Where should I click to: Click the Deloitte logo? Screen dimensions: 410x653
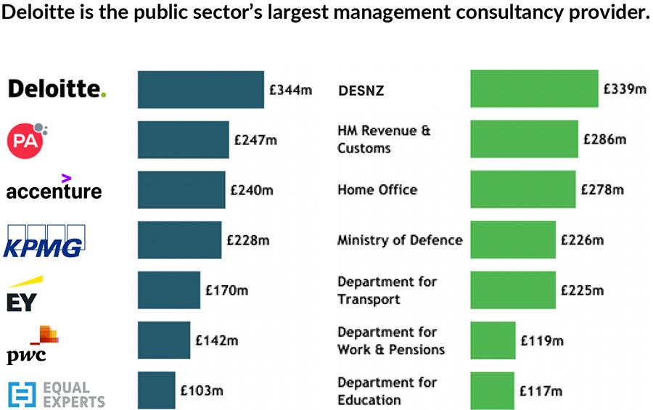point(57,89)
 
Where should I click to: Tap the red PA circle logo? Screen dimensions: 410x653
point(26,140)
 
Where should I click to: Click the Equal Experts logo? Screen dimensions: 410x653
point(57,394)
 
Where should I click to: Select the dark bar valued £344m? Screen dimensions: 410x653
point(200,90)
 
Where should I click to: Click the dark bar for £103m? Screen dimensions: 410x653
point(156,390)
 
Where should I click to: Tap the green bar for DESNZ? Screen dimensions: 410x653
point(533,89)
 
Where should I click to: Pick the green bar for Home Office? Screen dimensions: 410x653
point(522,189)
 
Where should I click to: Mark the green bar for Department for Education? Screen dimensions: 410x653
point(492,390)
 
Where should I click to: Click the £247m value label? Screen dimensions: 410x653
point(255,140)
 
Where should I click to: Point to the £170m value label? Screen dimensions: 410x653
point(226,290)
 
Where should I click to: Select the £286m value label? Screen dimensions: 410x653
point(604,139)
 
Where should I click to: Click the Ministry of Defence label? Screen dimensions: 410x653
point(399,240)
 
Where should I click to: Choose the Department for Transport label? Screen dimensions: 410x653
point(387,290)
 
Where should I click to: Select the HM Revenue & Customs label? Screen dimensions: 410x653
point(383,139)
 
